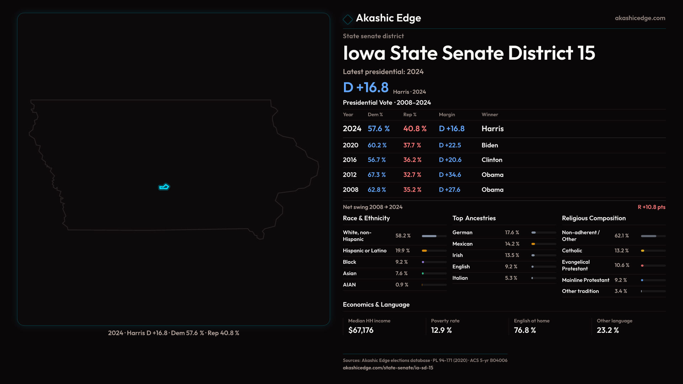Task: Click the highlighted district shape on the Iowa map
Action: tap(164, 187)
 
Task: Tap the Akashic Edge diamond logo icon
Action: tap(348, 19)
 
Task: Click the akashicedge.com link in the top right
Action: tap(640, 18)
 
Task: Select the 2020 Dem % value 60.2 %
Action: tap(377, 145)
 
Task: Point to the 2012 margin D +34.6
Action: tap(450, 175)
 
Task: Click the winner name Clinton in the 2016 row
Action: tap(492, 160)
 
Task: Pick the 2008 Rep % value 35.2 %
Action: tap(412, 190)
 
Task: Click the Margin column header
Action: tap(447, 114)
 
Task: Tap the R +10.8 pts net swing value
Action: tap(651, 207)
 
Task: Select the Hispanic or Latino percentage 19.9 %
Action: tap(402, 251)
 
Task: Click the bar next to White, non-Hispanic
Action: tap(434, 236)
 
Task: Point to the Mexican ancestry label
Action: tap(462, 244)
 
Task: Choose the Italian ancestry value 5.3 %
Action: tap(511, 278)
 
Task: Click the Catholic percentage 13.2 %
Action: tap(621, 251)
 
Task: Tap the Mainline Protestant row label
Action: tap(586, 280)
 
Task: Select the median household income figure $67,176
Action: tap(361, 330)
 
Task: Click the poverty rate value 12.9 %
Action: tap(441, 330)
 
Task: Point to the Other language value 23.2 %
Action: tap(608, 330)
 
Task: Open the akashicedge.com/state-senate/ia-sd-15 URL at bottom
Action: tap(388, 368)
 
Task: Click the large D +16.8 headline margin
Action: tap(366, 87)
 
